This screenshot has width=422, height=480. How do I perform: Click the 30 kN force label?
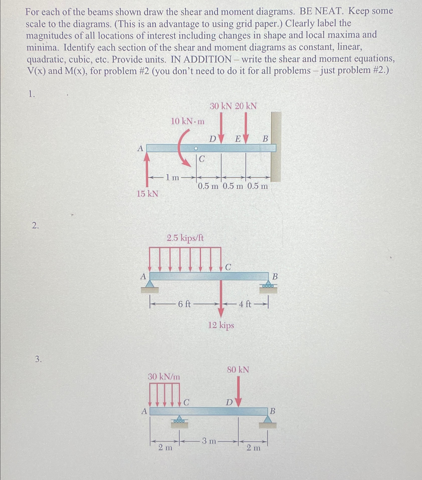pos(221,106)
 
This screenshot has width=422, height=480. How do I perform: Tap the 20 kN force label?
pos(246,106)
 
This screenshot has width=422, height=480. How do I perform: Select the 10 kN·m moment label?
pos(188,122)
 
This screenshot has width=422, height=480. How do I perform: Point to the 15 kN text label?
pos(147,194)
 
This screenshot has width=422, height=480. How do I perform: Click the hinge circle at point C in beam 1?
pos(196,148)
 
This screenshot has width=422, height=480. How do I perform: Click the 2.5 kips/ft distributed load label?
pos(185,238)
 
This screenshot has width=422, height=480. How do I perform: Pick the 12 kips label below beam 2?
pos(221,325)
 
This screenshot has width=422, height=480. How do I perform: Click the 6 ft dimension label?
pos(184,304)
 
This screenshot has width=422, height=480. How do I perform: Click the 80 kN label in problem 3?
pos(238,370)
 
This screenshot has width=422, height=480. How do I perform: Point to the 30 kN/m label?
pos(164,377)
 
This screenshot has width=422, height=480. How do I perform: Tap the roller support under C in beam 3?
pos(179,420)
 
